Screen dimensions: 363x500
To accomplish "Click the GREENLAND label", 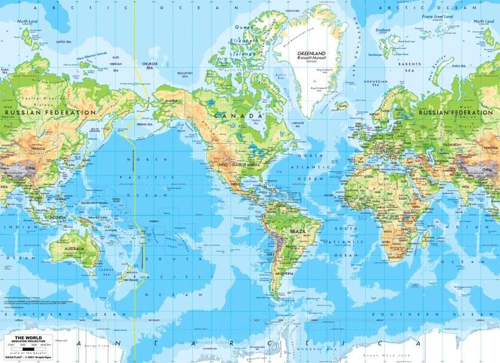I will pyautogui.click(x=312, y=53).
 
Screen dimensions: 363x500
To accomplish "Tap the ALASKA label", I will pyautogui.click(x=172, y=101).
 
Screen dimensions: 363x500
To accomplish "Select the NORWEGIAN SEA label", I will pyautogui.click(x=376, y=83).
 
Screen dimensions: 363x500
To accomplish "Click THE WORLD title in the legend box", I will pyautogui.click(x=24, y=338).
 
